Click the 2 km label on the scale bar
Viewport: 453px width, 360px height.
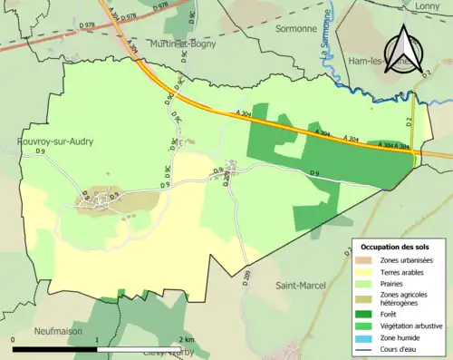(x=188, y=338)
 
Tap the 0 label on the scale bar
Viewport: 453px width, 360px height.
(x=14, y=338)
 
